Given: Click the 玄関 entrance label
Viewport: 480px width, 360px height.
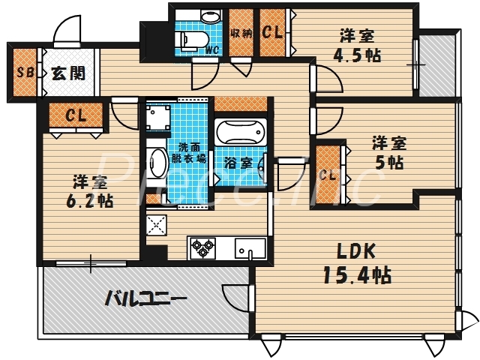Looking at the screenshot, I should click(67, 73).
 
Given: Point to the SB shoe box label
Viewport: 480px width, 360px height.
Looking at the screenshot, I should click(24, 73).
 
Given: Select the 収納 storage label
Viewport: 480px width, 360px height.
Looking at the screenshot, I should click(241, 32).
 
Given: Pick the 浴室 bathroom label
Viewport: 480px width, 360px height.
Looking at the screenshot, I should click(239, 163).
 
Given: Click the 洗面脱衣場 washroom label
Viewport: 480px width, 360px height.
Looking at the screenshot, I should click(191, 153).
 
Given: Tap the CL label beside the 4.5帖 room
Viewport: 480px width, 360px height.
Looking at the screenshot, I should click(272, 32).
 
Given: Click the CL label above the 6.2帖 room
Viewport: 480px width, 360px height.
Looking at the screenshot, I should click(75, 115).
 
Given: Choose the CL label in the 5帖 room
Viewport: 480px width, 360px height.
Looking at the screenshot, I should click(327, 175).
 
